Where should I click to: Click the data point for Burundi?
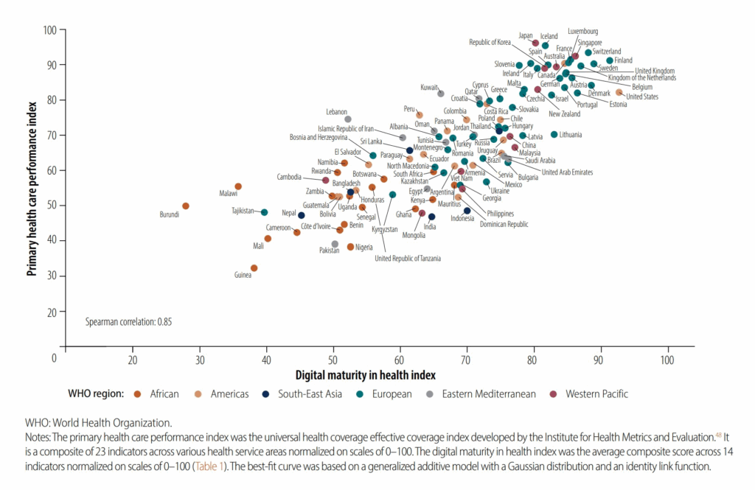(x=186, y=206)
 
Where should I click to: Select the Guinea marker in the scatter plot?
(x=254, y=268)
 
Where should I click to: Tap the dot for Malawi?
(x=238, y=187)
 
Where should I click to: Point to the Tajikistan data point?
(x=265, y=212)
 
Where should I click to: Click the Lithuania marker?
(x=554, y=135)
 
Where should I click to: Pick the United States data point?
(x=619, y=93)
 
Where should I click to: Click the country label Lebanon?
(x=336, y=112)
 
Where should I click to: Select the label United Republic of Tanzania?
(x=408, y=258)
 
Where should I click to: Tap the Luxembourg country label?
(x=582, y=32)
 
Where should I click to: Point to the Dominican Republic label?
(x=504, y=223)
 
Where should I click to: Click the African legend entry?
(x=163, y=393)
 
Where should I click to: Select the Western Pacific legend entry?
(x=596, y=393)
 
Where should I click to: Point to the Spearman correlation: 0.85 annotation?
(x=129, y=322)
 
